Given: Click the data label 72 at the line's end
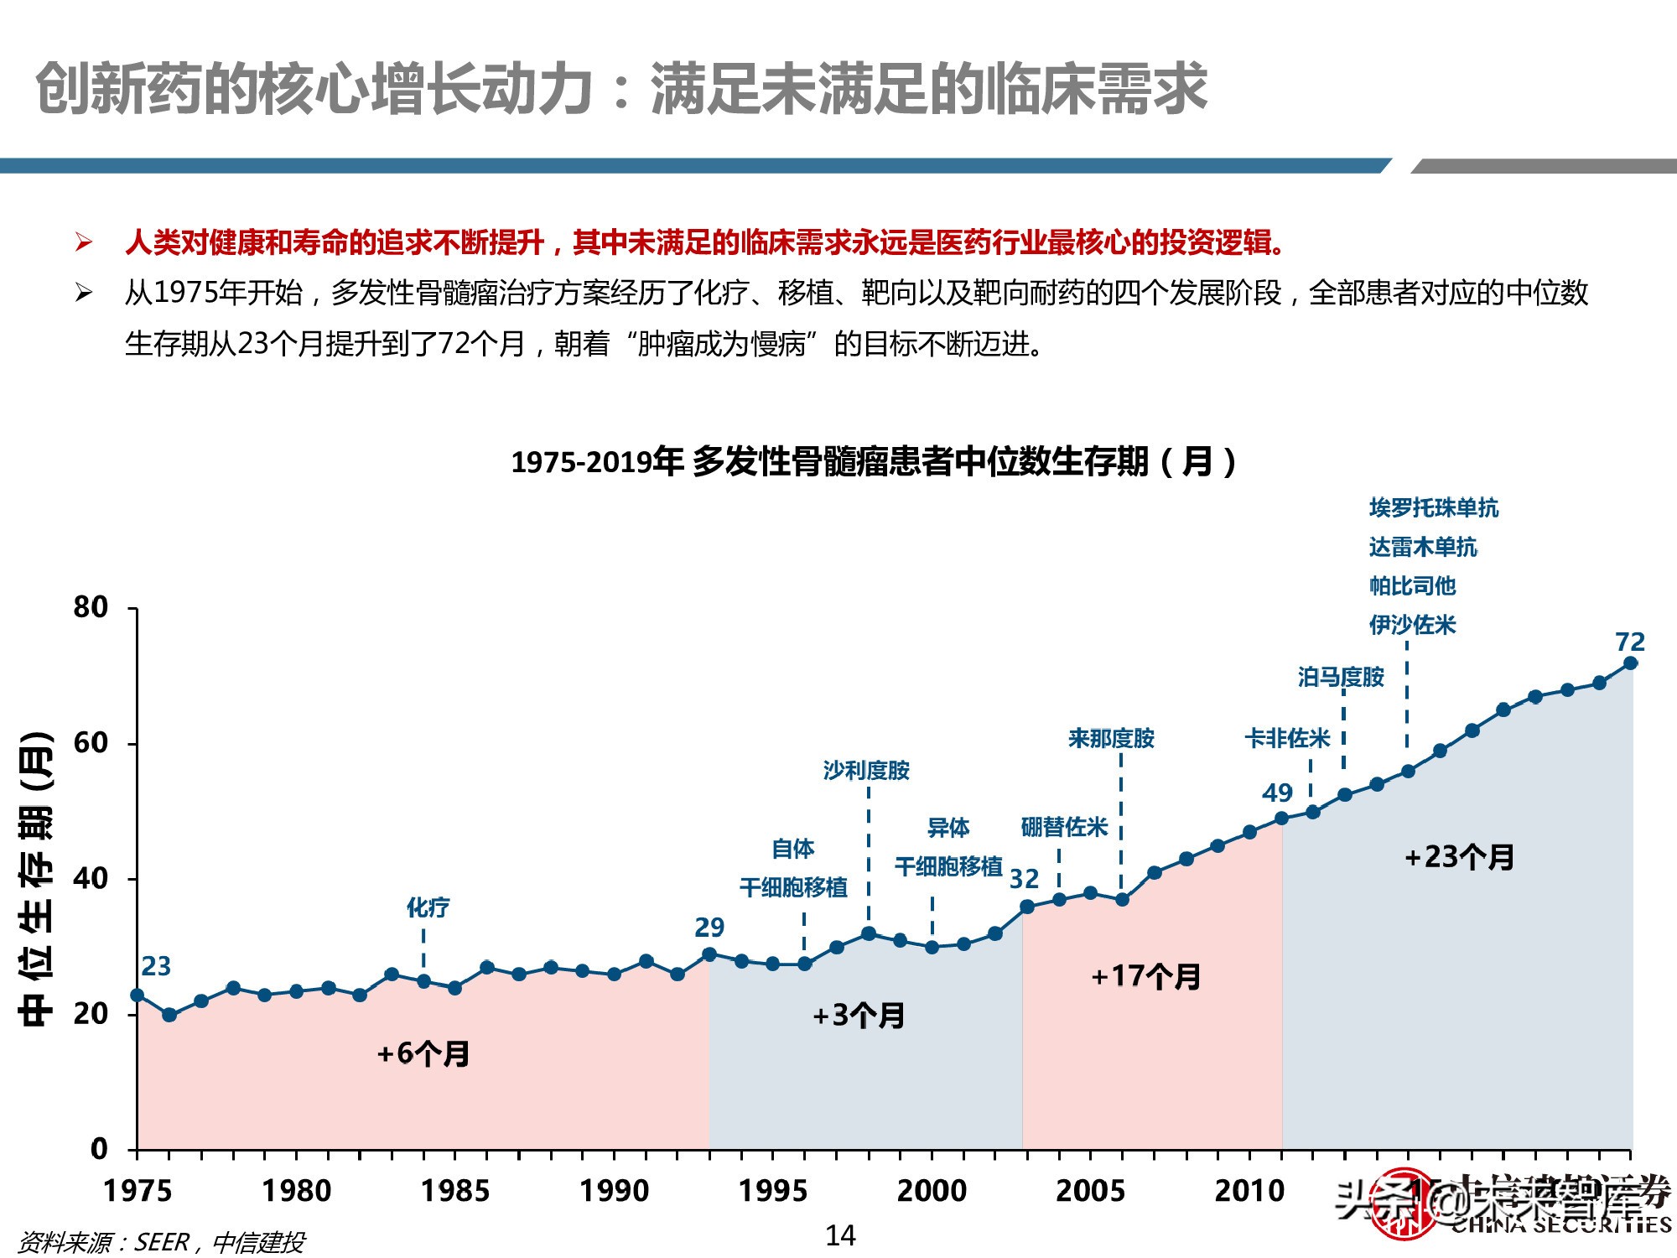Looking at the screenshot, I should (x=1630, y=642).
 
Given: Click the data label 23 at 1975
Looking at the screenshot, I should (x=156, y=966).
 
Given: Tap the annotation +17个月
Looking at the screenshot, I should (x=1145, y=976).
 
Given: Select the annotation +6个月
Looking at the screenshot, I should (x=423, y=1053).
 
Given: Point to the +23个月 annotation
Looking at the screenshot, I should (x=1459, y=856).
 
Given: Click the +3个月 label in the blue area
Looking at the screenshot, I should (x=859, y=1016).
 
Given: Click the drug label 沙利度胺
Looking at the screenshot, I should (x=866, y=770).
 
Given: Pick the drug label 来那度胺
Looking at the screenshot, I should (x=1111, y=738).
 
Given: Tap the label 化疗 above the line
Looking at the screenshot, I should (x=428, y=907).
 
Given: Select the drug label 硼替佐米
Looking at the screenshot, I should (x=1064, y=827).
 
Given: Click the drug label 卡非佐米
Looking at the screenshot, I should (x=1287, y=738).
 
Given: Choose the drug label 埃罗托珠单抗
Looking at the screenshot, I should (x=1433, y=507).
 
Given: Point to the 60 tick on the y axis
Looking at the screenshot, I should (x=91, y=743).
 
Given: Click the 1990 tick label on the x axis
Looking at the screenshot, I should (x=614, y=1190).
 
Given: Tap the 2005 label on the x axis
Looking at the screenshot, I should (x=1090, y=1190).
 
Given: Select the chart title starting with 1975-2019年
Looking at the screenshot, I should (x=874, y=461).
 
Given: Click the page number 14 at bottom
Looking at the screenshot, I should (x=840, y=1235).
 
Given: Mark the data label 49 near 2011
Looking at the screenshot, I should (x=1277, y=793).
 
